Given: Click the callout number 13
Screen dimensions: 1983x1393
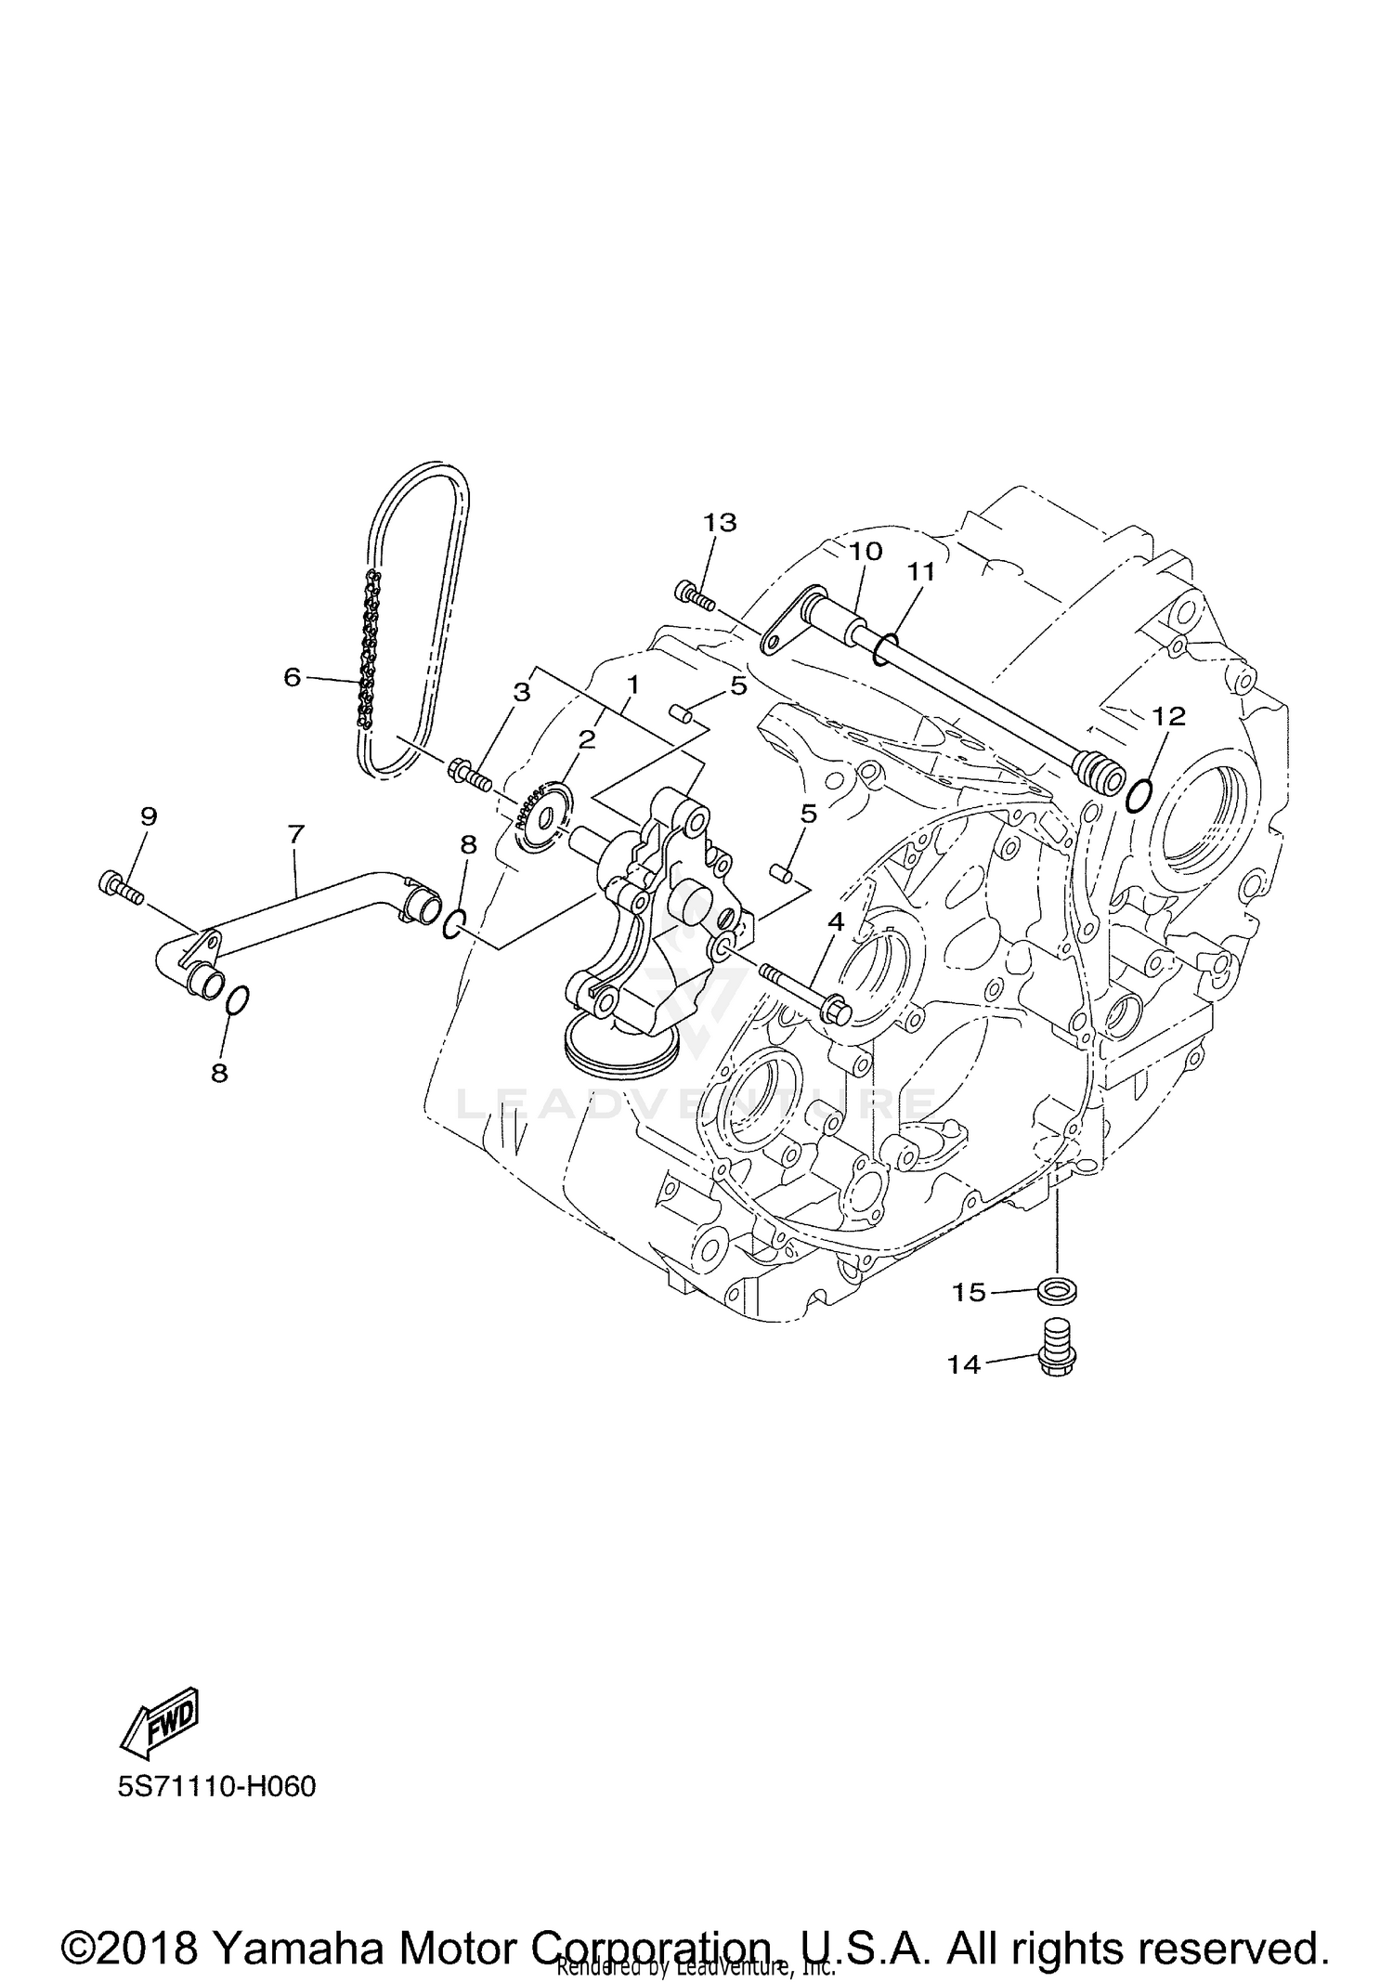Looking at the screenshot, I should (720, 523).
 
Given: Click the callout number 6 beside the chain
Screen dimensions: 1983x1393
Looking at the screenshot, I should (293, 677).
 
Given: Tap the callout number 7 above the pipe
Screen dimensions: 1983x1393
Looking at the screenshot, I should (296, 834).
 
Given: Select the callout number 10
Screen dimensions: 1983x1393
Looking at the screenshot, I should (865, 551).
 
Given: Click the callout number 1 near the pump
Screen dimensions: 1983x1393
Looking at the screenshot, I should (632, 685).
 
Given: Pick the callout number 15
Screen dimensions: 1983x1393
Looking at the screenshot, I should (969, 1292).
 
